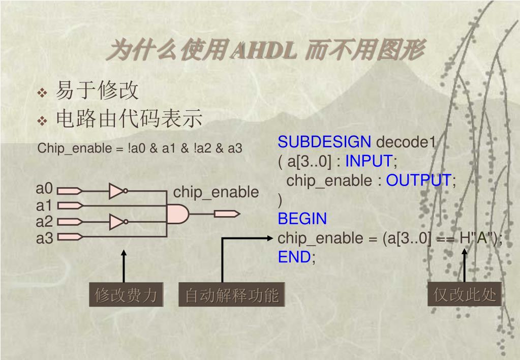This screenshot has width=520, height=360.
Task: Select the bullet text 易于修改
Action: (97, 91)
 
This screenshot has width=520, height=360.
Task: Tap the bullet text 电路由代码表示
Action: (129, 119)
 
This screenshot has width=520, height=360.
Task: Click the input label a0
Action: (44, 189)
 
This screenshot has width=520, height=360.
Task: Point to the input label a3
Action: (44, 237)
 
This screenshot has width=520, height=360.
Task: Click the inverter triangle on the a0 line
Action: (116, 191)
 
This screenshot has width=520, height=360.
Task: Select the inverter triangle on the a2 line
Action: (116, 222)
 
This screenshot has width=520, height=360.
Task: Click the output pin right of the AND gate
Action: (227, 214)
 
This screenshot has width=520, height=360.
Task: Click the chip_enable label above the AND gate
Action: (216, 193)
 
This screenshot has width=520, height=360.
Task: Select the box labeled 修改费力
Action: (126, 295)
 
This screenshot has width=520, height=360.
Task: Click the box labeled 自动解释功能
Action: (232, 295)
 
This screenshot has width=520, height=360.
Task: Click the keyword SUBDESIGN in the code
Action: (324, 142)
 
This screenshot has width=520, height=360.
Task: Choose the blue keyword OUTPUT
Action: (418, 181)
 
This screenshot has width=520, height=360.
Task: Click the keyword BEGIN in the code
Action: (302, 219)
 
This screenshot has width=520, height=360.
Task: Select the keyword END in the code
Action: (294, 257)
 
